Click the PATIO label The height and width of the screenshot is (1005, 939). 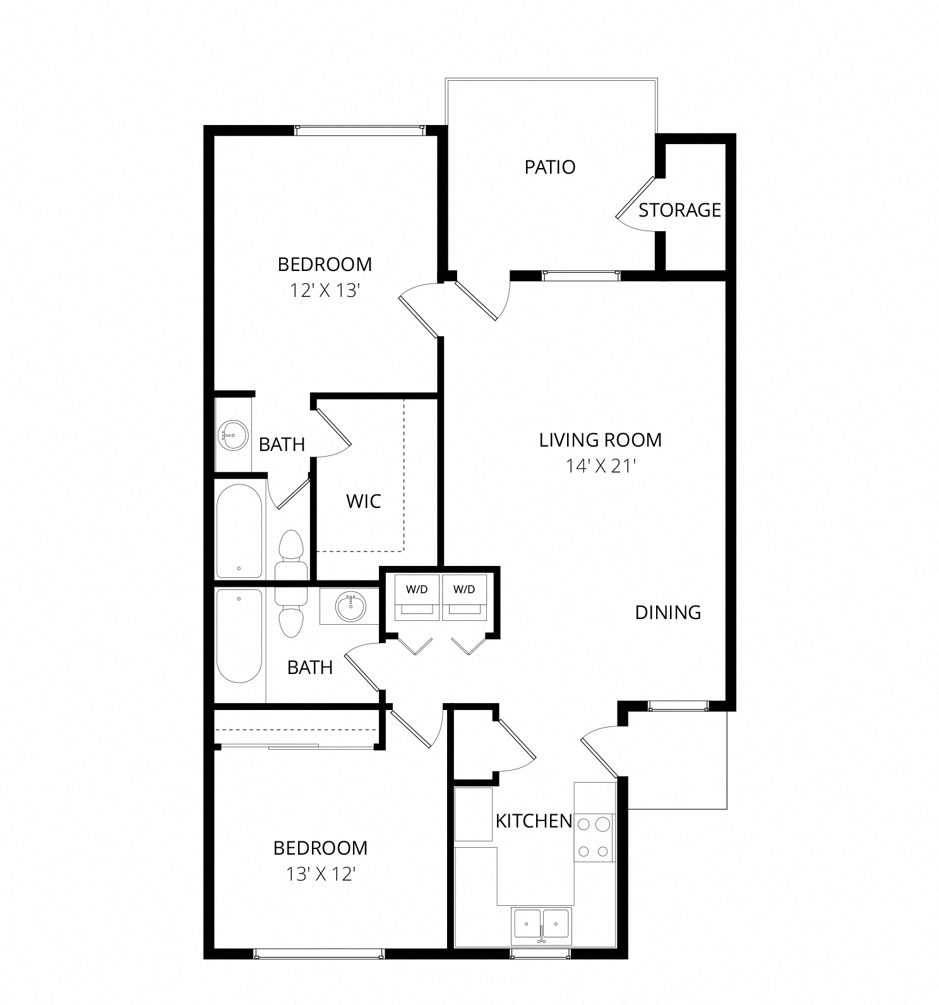click(x=550, y=167)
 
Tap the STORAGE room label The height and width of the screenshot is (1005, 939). click(x=679, y=210)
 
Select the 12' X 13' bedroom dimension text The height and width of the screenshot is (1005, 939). click(x=325, y=291)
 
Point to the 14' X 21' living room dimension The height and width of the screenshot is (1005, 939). click(x=600, y=466)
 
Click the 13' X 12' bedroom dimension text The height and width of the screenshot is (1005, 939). click(x=321, y=874)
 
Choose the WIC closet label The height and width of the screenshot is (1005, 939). click(x=364, y=502)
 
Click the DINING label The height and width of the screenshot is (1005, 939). click(x=668, y=612)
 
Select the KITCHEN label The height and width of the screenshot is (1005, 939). click(x=534, y=821)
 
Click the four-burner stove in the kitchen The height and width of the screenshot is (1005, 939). click(x=594, y=838)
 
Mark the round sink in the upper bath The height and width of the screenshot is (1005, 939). click(x=232, y=435)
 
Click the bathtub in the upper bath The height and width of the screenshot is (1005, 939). click(x=239, y=531)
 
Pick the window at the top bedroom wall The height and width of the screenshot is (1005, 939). click(x=359, y=130)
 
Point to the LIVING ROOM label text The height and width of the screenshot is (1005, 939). click(x=601, y=440)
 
